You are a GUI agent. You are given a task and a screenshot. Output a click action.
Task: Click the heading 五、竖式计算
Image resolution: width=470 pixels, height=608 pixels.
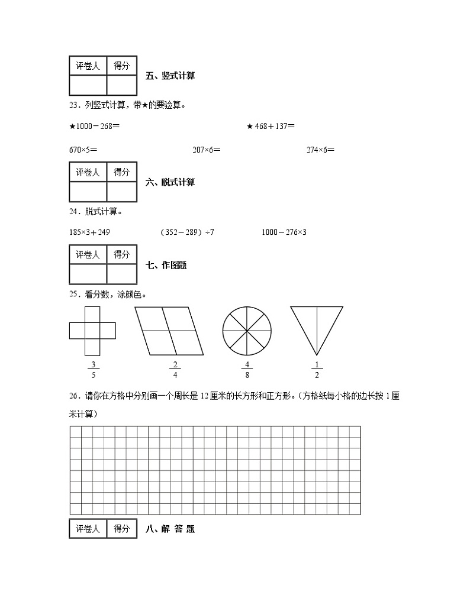170,76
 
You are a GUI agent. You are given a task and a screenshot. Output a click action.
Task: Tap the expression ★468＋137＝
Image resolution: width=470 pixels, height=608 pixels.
271,125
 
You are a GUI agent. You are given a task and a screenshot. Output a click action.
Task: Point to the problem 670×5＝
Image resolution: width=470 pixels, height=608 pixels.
83,150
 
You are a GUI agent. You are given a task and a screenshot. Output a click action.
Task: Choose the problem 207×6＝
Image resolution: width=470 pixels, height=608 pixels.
207,150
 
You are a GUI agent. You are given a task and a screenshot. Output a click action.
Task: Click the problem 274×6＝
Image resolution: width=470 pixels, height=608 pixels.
320,150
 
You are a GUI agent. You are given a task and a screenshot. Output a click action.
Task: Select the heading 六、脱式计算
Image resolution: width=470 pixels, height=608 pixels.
170,182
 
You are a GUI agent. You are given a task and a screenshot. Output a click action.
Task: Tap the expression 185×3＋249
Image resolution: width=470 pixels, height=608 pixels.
89,232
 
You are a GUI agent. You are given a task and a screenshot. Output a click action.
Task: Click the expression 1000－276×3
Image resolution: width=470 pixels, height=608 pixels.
284,232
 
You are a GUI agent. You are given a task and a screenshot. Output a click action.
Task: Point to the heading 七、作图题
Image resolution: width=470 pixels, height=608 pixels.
166,266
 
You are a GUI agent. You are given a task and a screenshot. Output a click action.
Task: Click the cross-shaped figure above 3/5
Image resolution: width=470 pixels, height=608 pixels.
92,330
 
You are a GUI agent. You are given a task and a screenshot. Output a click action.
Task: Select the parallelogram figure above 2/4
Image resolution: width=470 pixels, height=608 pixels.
169,331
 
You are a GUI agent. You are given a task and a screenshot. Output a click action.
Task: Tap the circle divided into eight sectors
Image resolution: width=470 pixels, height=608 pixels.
247,331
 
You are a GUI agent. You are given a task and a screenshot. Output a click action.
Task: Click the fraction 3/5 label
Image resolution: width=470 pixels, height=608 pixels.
92,369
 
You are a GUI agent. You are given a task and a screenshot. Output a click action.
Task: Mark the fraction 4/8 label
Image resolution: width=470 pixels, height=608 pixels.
247,369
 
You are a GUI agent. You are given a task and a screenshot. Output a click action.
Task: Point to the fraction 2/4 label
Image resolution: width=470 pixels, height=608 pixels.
175,369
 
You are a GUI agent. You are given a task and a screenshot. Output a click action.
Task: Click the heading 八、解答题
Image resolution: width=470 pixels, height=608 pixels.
170,529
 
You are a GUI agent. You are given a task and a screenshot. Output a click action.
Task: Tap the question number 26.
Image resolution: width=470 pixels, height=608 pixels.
74,396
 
